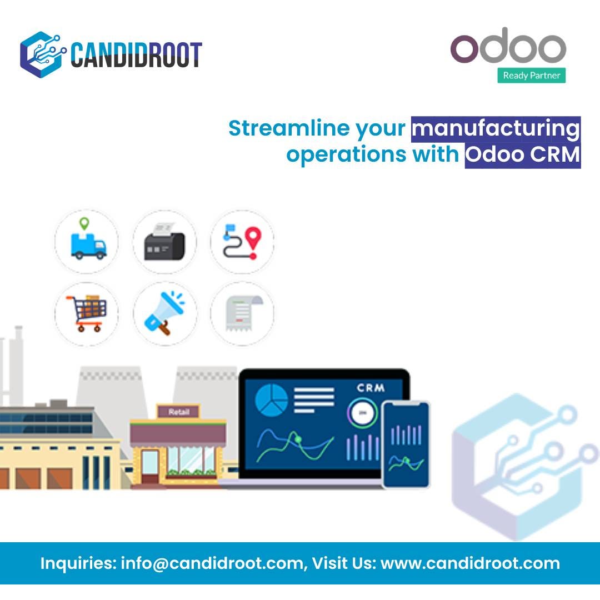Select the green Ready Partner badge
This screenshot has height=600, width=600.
coord(531,76)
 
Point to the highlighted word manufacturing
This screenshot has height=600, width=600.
coord(496,129)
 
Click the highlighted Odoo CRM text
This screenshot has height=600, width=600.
coord(522,155)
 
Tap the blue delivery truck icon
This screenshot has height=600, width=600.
coord(87,242)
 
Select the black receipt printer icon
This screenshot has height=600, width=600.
coord(164,242)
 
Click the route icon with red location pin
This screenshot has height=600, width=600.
coord(242,242)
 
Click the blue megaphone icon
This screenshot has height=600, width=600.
coord(164,314)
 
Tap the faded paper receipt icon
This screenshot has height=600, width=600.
coord(242,314)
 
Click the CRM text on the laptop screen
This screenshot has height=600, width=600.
coord(371,388)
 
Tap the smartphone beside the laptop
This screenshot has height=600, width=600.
coord(406,444)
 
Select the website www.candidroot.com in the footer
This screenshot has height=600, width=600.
coord(470,563)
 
